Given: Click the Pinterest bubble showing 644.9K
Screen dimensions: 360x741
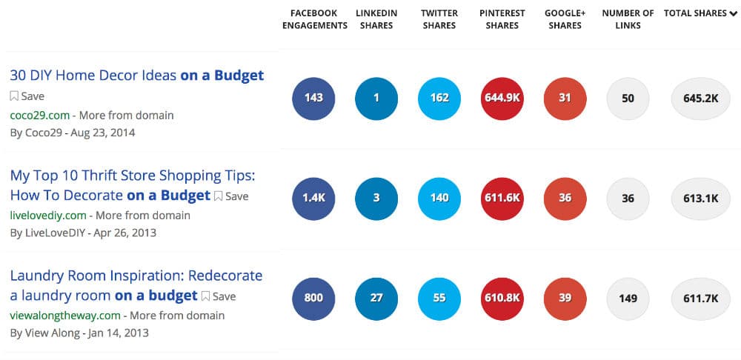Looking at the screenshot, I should [x=502, y=98].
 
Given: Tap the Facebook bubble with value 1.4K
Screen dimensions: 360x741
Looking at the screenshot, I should [x=313, y=199].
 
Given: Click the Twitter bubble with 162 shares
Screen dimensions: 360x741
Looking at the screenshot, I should [x=439, y=98].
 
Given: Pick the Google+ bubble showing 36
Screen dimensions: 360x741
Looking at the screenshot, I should [x=565, y=199].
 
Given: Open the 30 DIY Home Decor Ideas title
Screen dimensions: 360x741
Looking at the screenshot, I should [x=136, y=76].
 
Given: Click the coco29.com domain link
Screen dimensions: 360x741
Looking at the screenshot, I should [x=39, y=115].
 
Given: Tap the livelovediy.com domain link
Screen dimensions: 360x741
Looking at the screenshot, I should [x=48, y=216].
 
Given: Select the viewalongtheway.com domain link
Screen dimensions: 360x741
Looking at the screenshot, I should [x=64, y=316].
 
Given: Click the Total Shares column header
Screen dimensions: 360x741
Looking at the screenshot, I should [x=695, y=13].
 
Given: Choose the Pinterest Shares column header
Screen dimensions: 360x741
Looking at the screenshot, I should [x=502, y=19].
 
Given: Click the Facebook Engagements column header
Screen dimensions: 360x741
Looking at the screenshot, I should [x=313, y=19].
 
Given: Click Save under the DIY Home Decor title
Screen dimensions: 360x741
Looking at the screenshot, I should [x=27, y=96].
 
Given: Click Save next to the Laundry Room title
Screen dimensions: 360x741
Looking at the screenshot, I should [x=219, y=296].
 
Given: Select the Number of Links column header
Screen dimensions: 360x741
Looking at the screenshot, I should [x=628, y=19].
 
